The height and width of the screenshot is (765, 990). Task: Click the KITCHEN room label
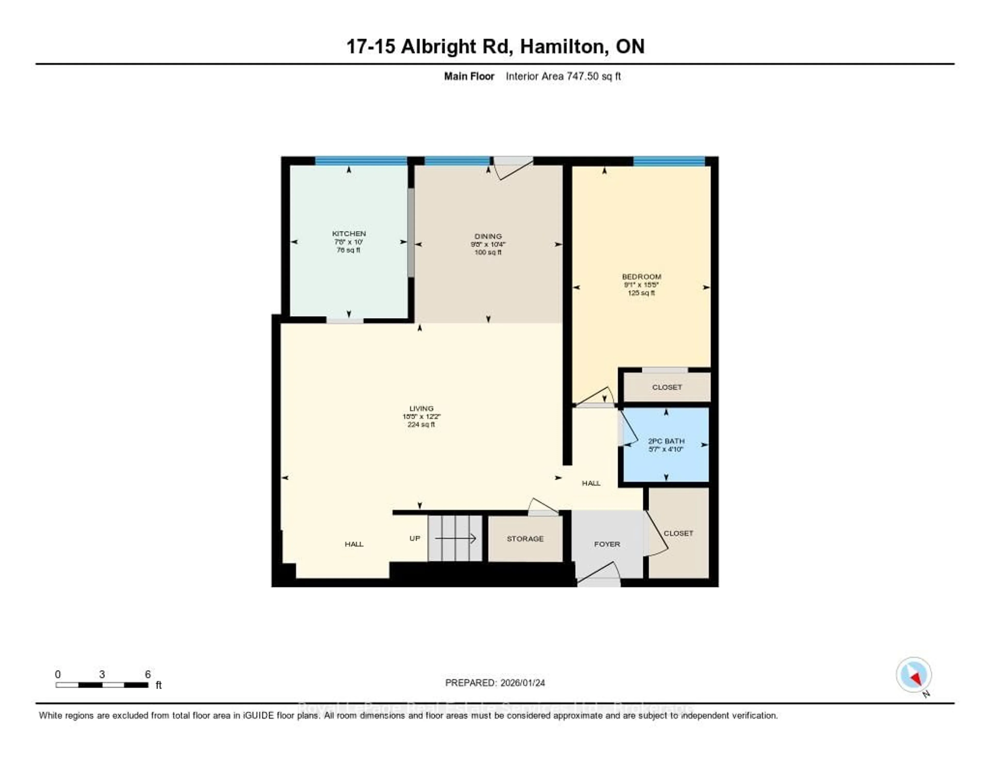point(349,233)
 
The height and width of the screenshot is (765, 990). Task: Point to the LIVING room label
point(421,408)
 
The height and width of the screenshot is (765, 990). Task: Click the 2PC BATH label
point(666,441)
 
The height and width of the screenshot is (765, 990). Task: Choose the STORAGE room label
point(525,539)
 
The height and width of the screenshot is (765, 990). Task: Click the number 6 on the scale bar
point(148,674)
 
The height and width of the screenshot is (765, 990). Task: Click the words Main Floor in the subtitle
point(469,76)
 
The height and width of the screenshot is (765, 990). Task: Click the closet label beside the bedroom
point(666,387)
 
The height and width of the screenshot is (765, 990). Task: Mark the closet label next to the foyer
point(678,533)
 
